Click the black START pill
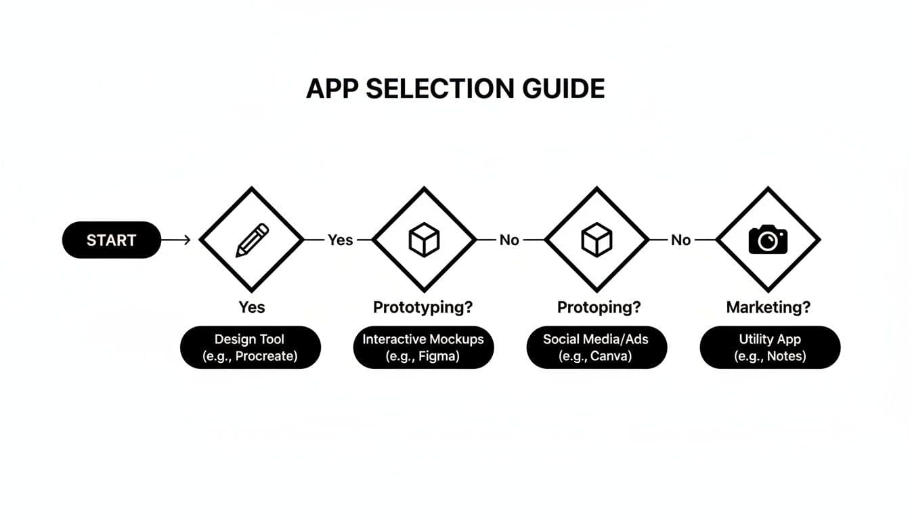click(x=111, y=240)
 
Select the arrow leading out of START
click(x=177, y=240)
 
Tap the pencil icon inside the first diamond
click(x=252, y=240)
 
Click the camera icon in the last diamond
click(x=768, y=240)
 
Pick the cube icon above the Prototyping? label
click(x=424, y=240)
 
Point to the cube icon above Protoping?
click(x=597, y=240)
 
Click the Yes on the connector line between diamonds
click(x=340, y=240)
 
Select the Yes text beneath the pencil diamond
click(x=252, y=307)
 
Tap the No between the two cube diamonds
click(x=509, y=240)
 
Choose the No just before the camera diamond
click(x=680, y=240)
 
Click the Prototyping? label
click(x=423, y=307)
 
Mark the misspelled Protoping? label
click(x=599, y=307)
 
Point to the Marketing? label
click(x=768, y=307)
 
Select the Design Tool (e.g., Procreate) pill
click(x=250, y=347)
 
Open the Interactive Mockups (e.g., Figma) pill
click(x=423, y=347)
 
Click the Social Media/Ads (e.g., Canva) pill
click(x=597, y=347)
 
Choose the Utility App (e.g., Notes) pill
click(x=770, y=347)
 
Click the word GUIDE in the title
click(x=558, y=89)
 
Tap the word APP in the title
click(x=332, y=89)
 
